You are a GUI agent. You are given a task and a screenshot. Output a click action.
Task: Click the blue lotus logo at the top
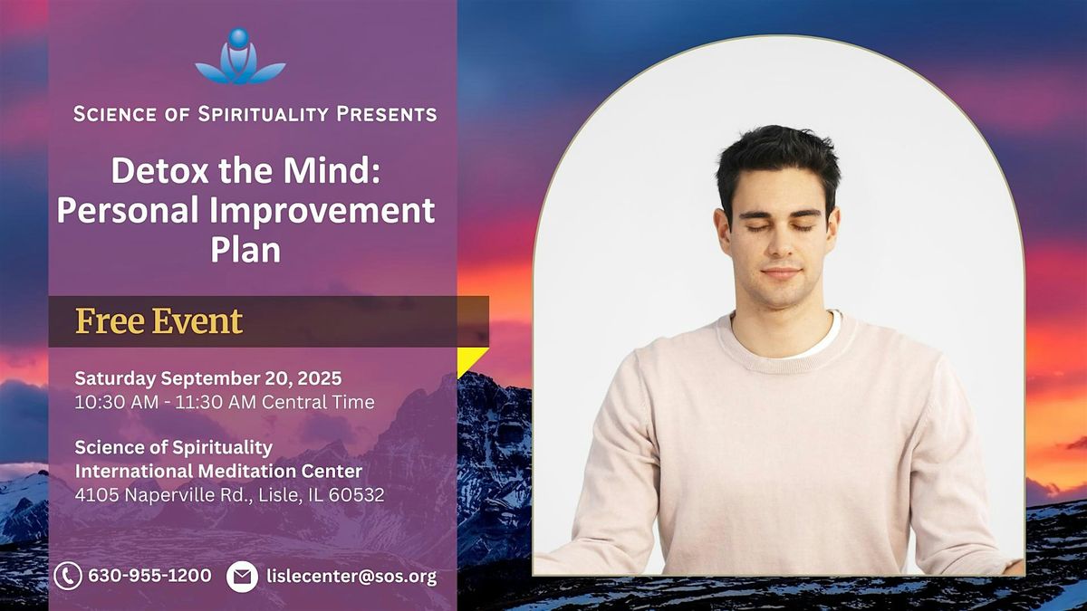point(240,56)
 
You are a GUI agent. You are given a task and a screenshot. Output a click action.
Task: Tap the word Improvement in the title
point(322,210)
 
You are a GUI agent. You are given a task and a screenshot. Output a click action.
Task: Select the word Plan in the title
point(245,249)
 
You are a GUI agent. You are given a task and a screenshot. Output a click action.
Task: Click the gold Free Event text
point(159,321)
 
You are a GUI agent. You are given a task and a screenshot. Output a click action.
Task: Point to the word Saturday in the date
point(115,378)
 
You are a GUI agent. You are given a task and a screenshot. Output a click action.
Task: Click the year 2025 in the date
point(319,378)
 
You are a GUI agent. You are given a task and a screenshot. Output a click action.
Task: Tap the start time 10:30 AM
point(117,402)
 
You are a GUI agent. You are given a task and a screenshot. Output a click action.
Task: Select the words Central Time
point(318,402)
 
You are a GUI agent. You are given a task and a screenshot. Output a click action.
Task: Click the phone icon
point(68,576)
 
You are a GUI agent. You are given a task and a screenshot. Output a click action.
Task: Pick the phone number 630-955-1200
point(149,576)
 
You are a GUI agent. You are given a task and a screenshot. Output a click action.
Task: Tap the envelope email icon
point(242,577)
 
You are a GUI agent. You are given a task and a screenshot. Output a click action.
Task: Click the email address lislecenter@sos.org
point(351,577)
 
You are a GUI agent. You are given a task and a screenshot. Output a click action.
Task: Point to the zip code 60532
point(356,495)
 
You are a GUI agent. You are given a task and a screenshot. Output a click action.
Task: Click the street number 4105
point(97,495)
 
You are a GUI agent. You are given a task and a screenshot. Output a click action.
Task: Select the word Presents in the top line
point(386,114)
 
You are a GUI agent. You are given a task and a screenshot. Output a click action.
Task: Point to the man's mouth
point(781,272)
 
